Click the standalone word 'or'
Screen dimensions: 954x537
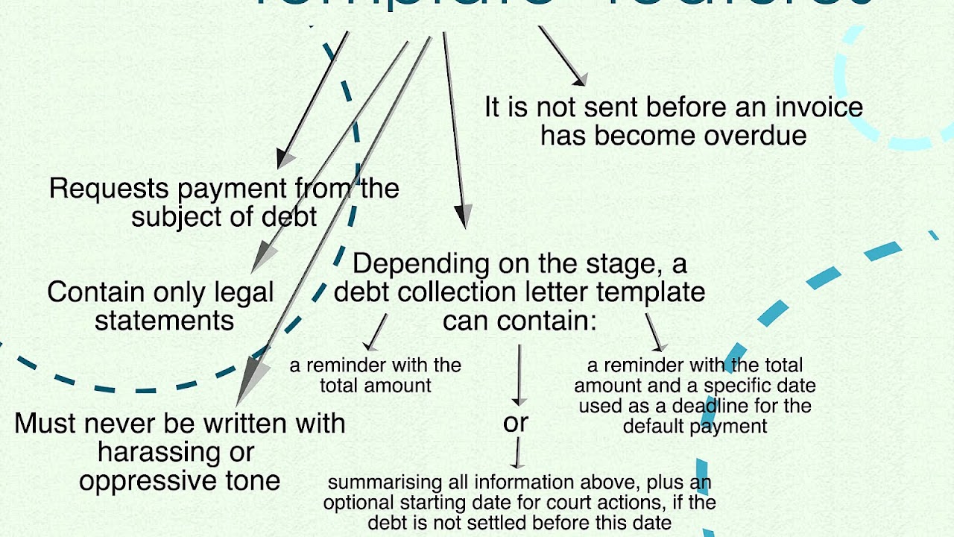pyautogui.click(x=516, y=423)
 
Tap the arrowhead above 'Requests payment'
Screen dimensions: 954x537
pyautogui.click(x=284, y=159)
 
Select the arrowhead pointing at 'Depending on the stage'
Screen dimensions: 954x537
pyautogui.click(x=464, y=218)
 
